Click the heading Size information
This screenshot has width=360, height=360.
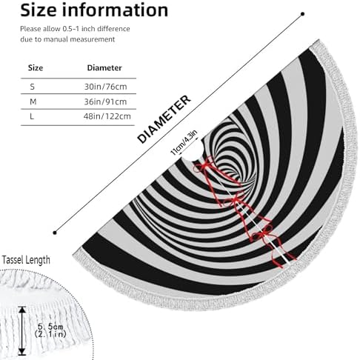[94, 10]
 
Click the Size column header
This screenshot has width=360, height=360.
[36, 68]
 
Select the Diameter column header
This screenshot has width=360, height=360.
[104, 68]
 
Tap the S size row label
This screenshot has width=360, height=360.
[33, 87]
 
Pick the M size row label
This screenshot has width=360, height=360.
[33, 101]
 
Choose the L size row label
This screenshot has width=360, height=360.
[32, 116]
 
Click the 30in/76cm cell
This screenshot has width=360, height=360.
[106, 87]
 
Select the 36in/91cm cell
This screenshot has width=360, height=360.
[105, 101]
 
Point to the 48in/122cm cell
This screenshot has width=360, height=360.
[107, 116]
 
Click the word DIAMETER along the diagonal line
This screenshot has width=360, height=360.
[164, 119]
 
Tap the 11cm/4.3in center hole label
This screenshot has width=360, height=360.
[184, 143]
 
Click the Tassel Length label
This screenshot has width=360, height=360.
[26, 260]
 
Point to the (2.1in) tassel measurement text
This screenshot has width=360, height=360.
[50, 334]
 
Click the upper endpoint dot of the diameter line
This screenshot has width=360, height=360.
[303, 14]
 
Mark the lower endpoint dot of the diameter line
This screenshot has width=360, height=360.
[55, 233]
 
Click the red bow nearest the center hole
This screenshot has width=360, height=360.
[204, 165]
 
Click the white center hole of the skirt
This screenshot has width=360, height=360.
[191, 152]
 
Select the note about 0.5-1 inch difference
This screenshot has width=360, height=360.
[75, 34]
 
